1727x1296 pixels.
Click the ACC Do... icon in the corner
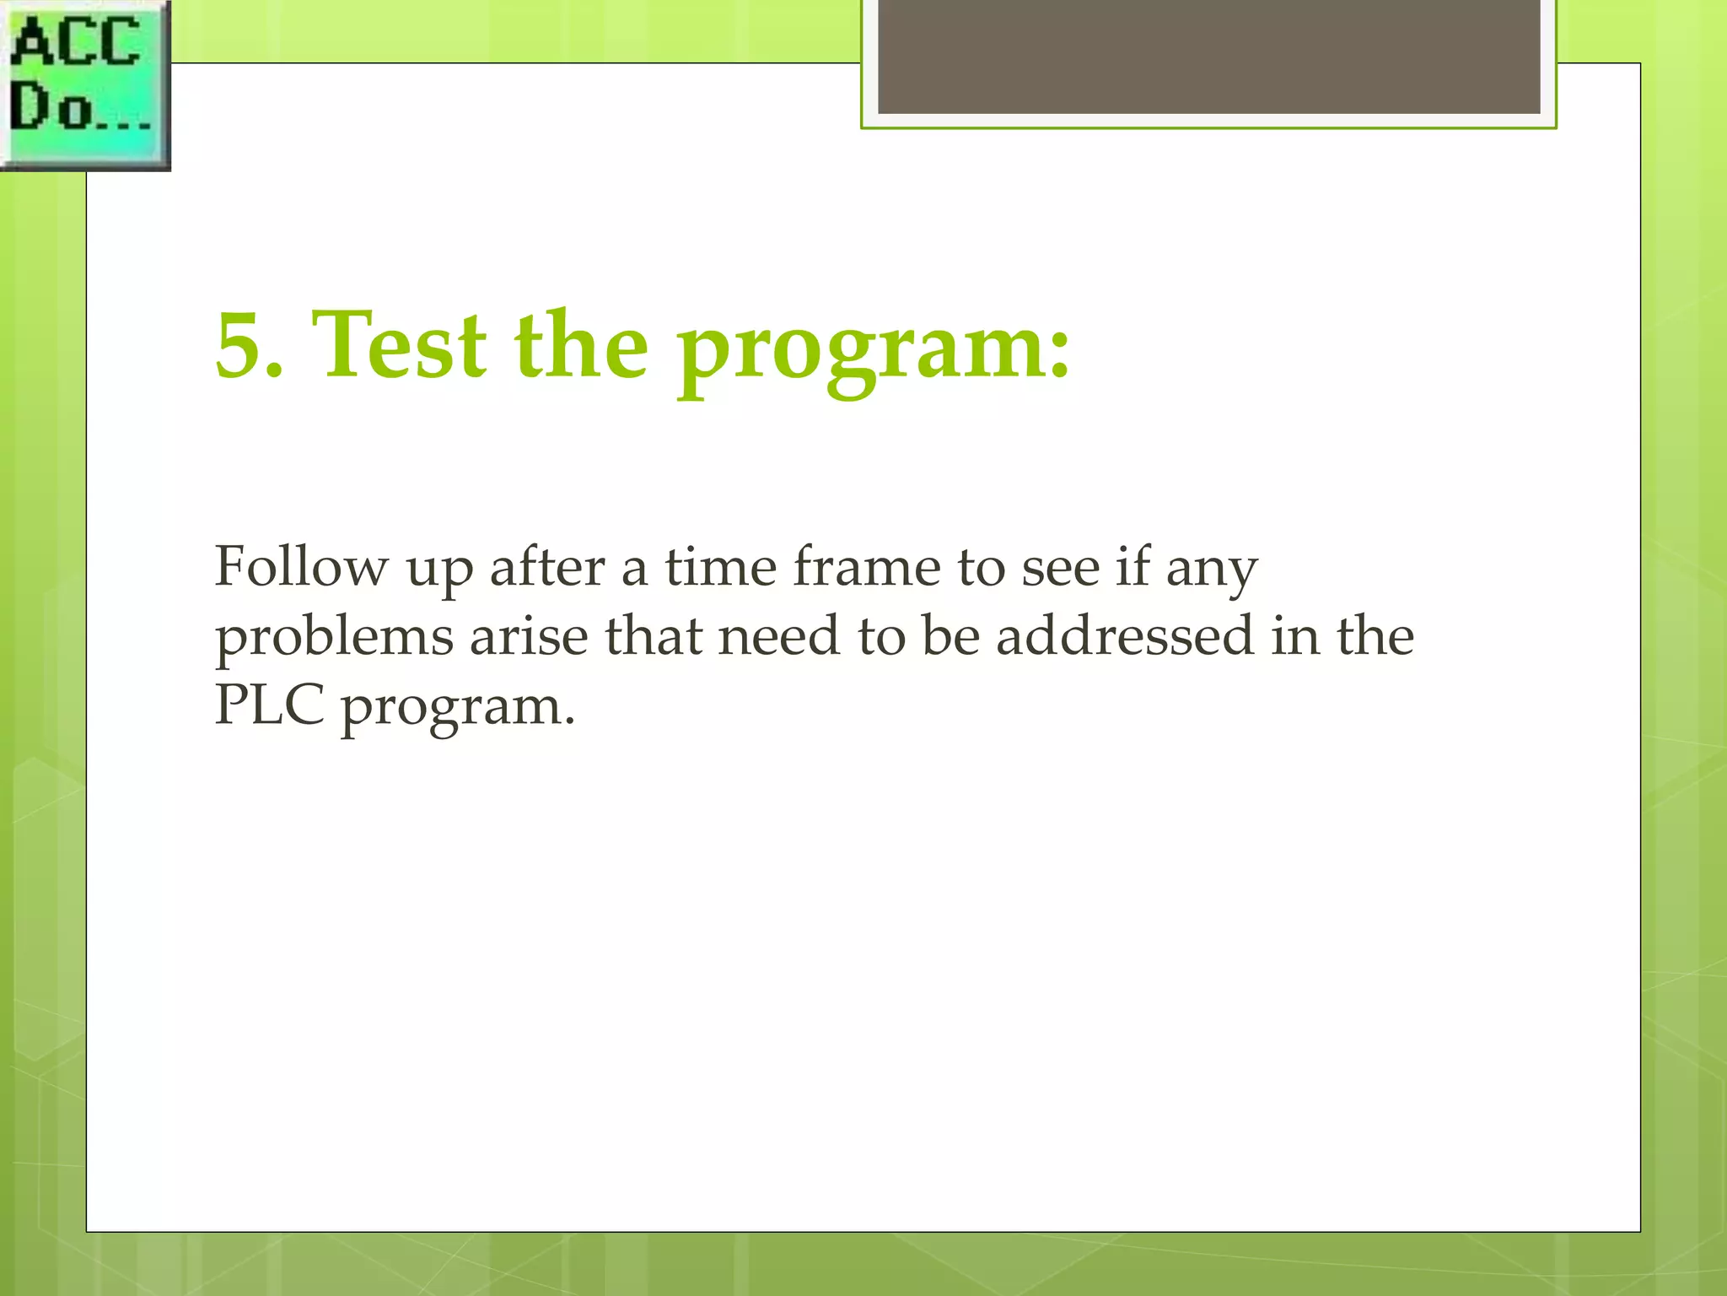click(84, 84)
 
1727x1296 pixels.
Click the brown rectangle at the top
click(1208, 56)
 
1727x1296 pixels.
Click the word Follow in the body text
click(301, 566)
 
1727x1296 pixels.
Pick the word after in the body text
click(547, 566)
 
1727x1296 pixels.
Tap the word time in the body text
click(720, 566)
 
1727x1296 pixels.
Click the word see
click(1061, 568)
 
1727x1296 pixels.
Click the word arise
click(529, 636)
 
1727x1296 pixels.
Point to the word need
click(778, 636)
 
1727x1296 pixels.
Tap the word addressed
click(1125, 636)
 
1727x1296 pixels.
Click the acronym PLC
click(269, 705)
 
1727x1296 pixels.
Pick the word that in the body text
click(653, 636)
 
